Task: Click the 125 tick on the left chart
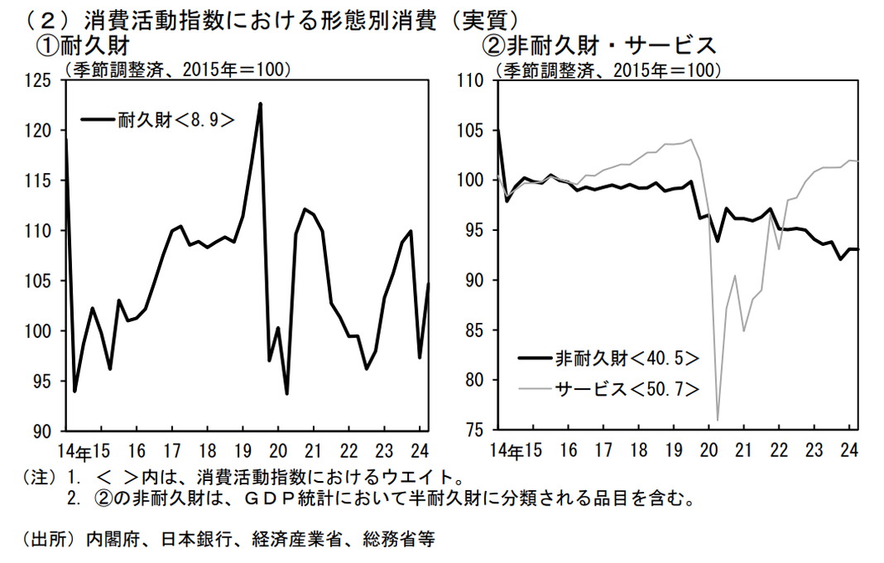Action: pos(38,81)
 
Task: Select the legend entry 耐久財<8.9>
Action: pos(157,120)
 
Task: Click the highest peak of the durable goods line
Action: pos(261,103)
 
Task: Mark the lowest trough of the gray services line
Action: pos(717,419)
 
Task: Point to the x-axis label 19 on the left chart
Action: pos(243,452)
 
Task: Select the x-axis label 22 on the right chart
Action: pos(779,452)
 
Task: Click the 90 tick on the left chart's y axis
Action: pos(42,431)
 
